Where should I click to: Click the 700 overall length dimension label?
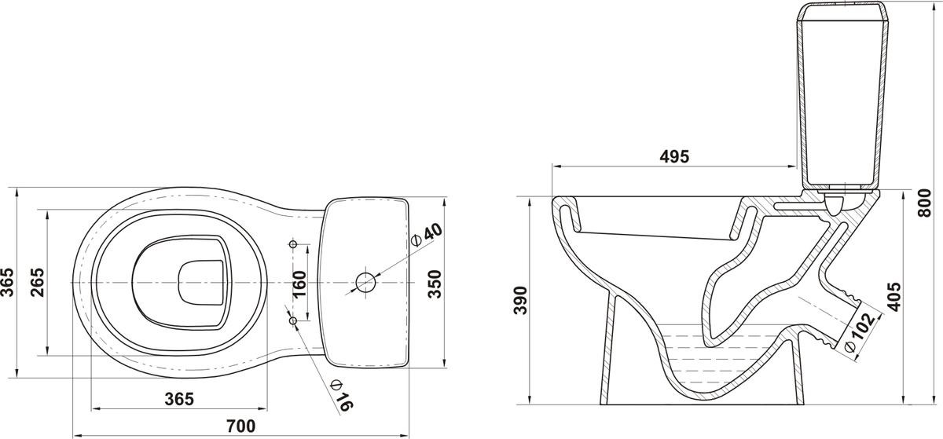pyautogui.click(x=240, y=426)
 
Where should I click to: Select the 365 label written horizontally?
pyautogui.click(x=179, y=399)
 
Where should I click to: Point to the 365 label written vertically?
pyautogui.click(x=7, y=282)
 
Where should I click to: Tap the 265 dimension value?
pyautogui.click(x=38, y=282)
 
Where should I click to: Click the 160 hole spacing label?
pyautogui.click(x=299, y=284)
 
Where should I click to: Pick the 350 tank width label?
pyautogui.click(x=435, y=284)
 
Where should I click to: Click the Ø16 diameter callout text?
pyautogui.click(x=342, y=395)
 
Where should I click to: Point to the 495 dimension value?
pyautogui.click(x=674, y=156)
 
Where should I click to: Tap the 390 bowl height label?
pyautogui.click(x=520, y=300)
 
